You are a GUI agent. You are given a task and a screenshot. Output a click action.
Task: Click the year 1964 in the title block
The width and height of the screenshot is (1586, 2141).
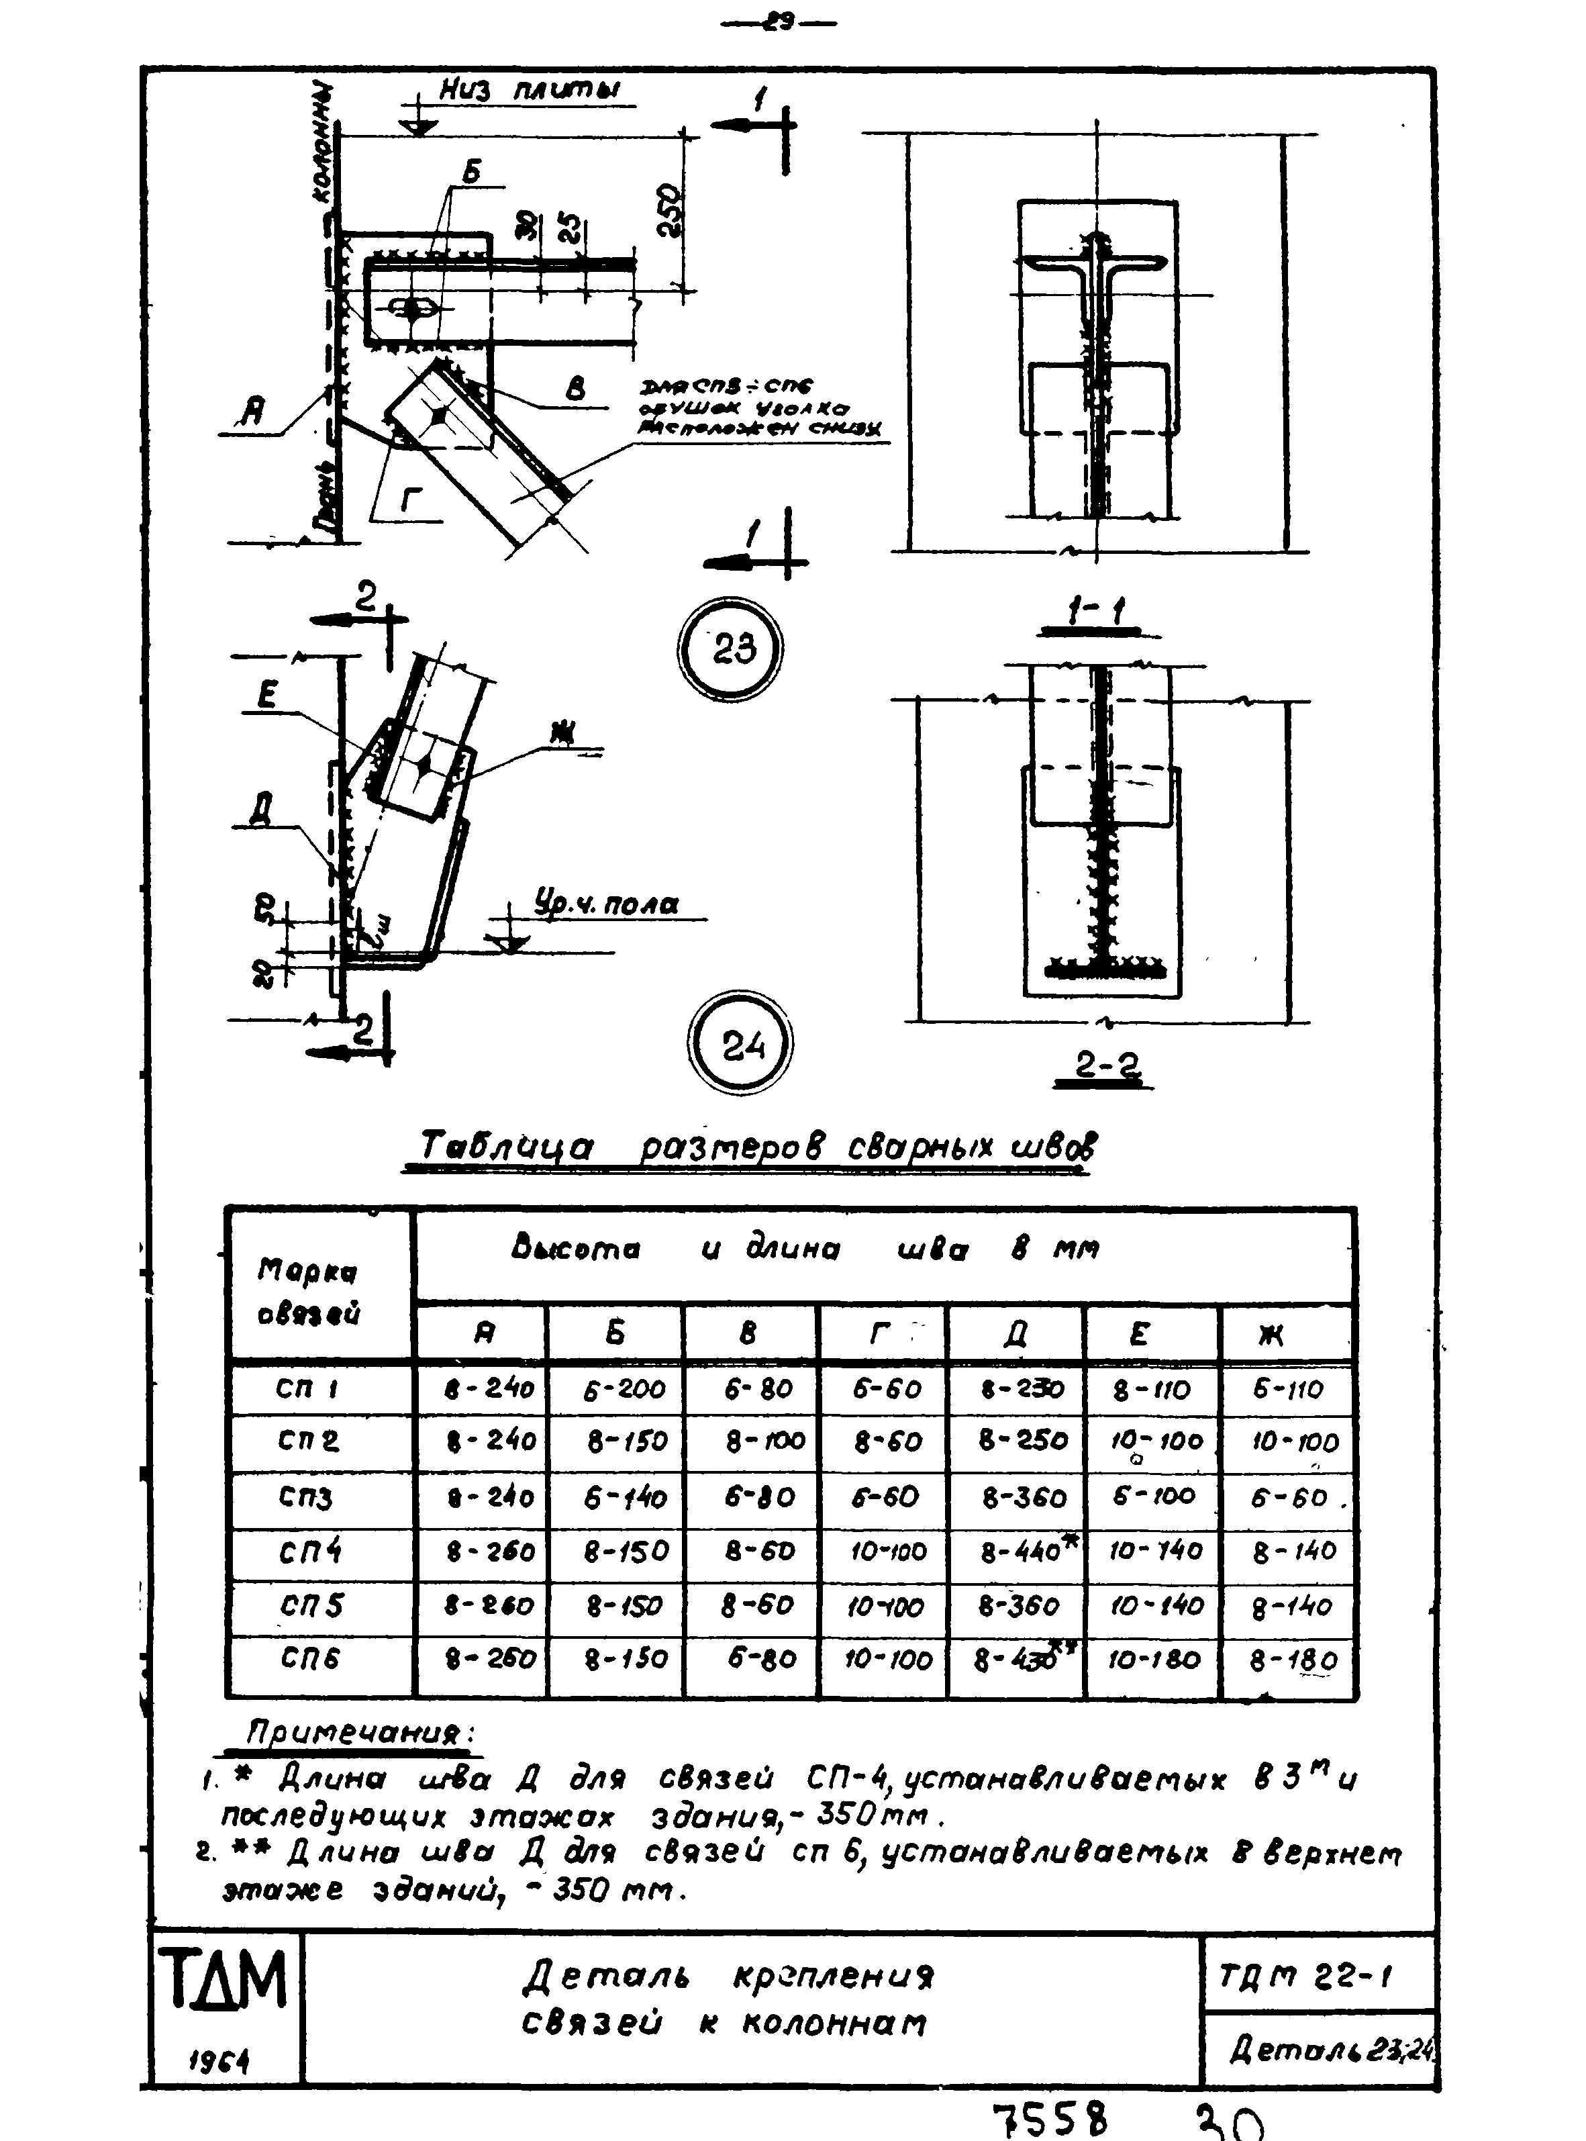[x=219, y=2058]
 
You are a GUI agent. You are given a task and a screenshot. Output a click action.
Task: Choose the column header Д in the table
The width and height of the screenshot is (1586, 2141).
[x=1015, y=1333]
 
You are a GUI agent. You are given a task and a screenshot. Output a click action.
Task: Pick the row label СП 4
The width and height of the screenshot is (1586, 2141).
[x=309, y=1552]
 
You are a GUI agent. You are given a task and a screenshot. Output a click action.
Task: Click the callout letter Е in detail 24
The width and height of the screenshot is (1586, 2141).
[x=267, y=695]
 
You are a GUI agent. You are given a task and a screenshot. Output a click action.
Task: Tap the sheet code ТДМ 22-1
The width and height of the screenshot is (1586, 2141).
[x=1305, y=1977]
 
